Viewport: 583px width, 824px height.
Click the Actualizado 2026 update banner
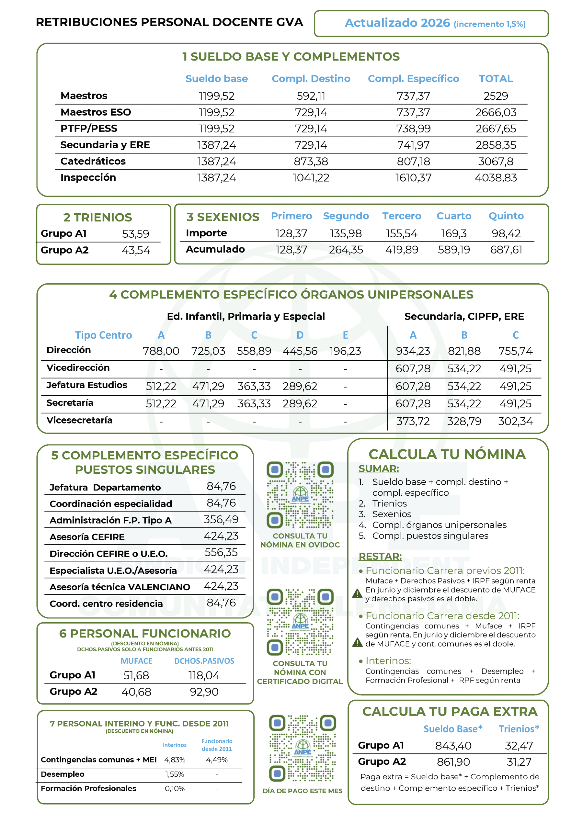431,23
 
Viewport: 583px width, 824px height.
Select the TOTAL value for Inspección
496,178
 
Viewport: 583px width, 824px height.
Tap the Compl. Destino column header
311,79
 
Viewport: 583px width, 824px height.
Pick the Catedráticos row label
93,161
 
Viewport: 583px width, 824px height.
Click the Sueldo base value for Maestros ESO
216,112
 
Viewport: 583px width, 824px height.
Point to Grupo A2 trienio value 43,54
136,250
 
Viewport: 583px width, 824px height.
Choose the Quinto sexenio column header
506,216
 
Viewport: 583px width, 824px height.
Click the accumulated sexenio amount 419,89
401,249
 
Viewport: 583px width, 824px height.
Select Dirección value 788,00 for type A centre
161,351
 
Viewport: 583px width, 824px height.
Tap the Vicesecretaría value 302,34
515,421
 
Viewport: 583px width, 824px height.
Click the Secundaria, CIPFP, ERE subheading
464,316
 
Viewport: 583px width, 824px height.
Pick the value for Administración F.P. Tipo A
221,519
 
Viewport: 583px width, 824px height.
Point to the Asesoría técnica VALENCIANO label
120,587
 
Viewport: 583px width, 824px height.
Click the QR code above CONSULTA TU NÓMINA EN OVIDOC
300,495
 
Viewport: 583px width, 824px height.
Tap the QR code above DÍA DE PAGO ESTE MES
302,748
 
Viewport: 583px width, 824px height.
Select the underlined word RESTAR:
380,556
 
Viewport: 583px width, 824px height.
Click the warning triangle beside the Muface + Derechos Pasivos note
357,593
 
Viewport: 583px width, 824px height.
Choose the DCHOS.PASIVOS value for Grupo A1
204,675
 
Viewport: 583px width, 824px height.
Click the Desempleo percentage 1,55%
175,774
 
